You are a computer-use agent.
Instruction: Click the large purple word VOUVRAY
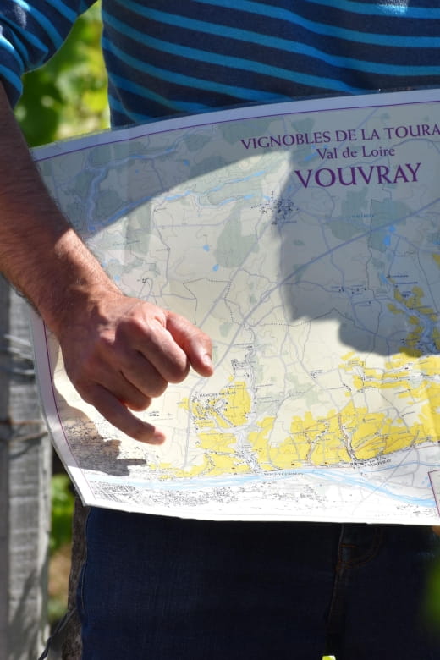(357, 175)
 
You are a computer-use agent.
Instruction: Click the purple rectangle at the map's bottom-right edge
(434, 491)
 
